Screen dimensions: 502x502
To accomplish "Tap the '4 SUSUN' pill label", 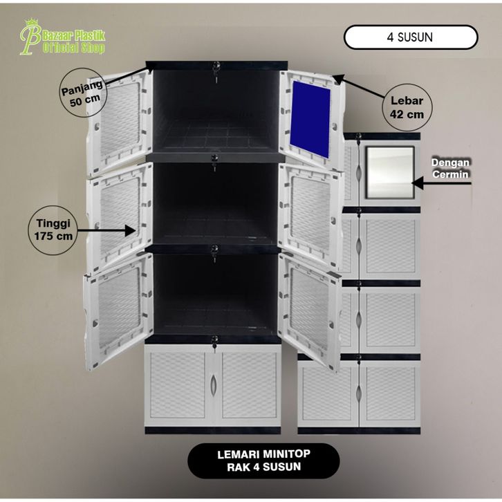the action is (410, 37).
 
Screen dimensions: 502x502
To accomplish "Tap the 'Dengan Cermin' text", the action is (450, 168).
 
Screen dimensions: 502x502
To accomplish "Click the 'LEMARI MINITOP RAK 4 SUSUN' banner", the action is (263, 461).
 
